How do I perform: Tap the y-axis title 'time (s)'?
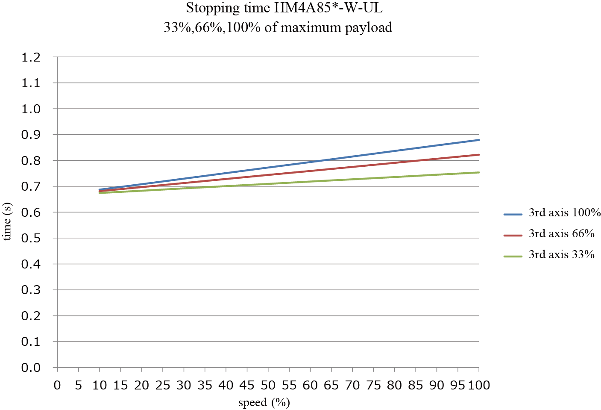coord(7,221)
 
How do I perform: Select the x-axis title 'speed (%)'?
coord(264,402)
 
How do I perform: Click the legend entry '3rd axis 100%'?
coord(564,212)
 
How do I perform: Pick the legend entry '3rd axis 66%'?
coord(561,233)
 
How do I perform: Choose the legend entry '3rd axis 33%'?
coord(561,254)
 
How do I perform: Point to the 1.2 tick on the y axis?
coord(31,57)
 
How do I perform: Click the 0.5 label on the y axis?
coord(31,238)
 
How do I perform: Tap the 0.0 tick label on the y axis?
coord(31,368)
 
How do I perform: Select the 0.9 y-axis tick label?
coord(31,135)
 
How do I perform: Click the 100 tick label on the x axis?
coord(479,385)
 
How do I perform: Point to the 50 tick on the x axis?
coord(268,385)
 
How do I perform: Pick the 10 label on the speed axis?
coord(100,385)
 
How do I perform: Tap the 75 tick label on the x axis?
coord(373,385)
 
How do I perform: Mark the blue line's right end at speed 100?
coord(478,140)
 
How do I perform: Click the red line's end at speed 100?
coord(478,155)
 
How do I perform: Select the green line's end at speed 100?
coord(478,172)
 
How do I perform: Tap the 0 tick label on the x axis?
coord(57,385)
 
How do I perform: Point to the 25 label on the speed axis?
coord(163,385)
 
